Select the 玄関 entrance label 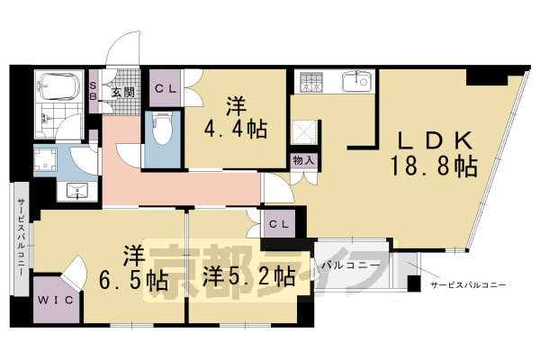(x=121, y=91)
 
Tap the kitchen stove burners (x=311, y=83)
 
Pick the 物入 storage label (x=303, y=160)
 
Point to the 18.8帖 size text (x=434, y=166)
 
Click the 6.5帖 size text (x=133, y=279)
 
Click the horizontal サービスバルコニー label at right (x=468, y=283)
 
